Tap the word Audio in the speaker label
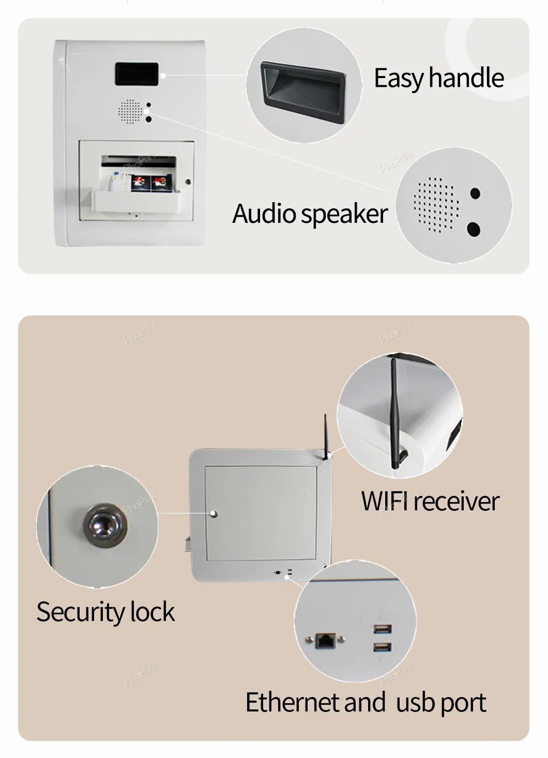click(x=264, y=214)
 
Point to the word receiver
click(x=456, y=502)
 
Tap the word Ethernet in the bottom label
click(x=293, y=702)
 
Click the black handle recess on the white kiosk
click(x=136, y=74)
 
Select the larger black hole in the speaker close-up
click(x=474, y=229)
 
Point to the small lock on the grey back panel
click(x=214, y=514)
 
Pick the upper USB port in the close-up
click(x=383, y=629)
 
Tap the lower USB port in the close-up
click(x=383, y=646)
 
